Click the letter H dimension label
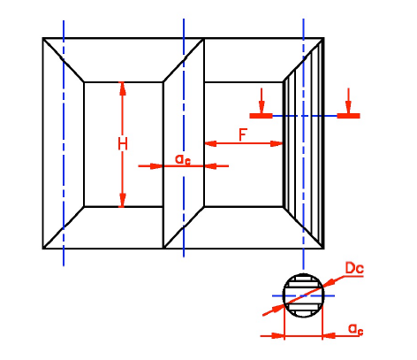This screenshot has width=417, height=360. pyautogui.click(x=123, y=144)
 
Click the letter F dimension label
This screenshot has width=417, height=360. pyautogui.click(x=243, y=134)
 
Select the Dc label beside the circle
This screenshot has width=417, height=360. pyautogui.click(x=354, y=268)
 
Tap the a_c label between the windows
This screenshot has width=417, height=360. pyautogui.click(x=183, y=159)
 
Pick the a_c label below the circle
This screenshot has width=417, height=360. pyautogui.click(x=355, y=329)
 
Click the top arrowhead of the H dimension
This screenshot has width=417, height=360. pyautogui.click(x=123, y=88)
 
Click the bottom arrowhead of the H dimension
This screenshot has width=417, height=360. pyautogui.click(x=123, y=200)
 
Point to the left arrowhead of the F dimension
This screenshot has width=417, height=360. pyautogui.click(x=210, y=143)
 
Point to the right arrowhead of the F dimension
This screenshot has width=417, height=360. pyautogui.click(x=277, y=143)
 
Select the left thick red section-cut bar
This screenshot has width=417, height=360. pyautogui.click(x=261, y=116)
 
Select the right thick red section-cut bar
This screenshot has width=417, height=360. pyautogui.click(x=348, y=116)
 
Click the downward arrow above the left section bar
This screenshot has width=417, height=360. pyautogui.click(x=262, y=100)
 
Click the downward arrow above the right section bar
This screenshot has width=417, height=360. pyautogui.click(x=348, y=100)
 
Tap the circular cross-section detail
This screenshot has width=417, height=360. pyautogui.click(x=304, y=295)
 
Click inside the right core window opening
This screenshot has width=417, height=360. pyautogui.click(x=243, y=177)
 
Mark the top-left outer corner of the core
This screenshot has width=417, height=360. pyautogui.click(x=43, y=38)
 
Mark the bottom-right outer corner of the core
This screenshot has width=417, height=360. pyautogui.click(x=323, y=249)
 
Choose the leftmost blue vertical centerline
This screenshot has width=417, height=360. pyautogui.click(x=64, y=143)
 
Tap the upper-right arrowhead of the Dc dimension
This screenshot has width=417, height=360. pyautogui.click(x=330, y=282)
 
